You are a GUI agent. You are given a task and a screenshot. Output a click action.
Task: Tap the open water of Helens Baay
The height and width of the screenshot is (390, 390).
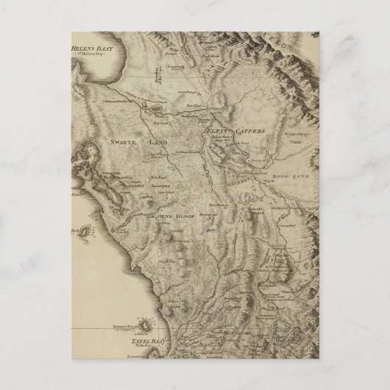pyautogui.click(x=103, y=74)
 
